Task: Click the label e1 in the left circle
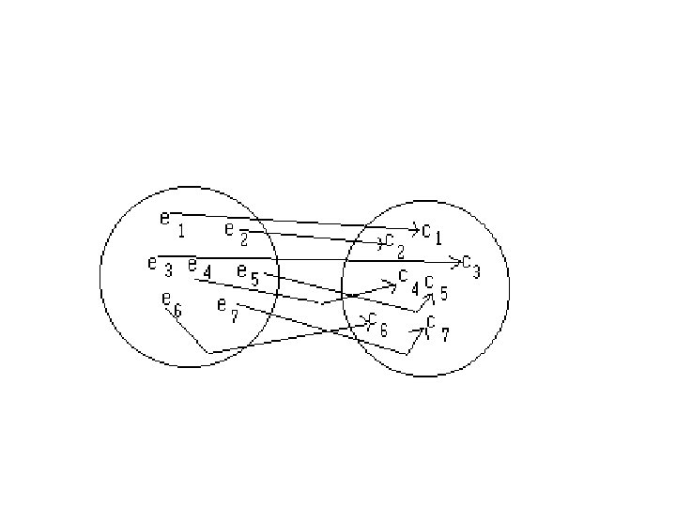171,223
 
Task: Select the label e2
236,233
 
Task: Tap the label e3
159,266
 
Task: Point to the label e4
198,269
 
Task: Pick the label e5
248,275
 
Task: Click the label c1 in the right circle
432,231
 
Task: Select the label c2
393,246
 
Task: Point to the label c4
407,280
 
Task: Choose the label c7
437,328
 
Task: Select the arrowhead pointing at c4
392,283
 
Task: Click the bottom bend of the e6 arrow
208,353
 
